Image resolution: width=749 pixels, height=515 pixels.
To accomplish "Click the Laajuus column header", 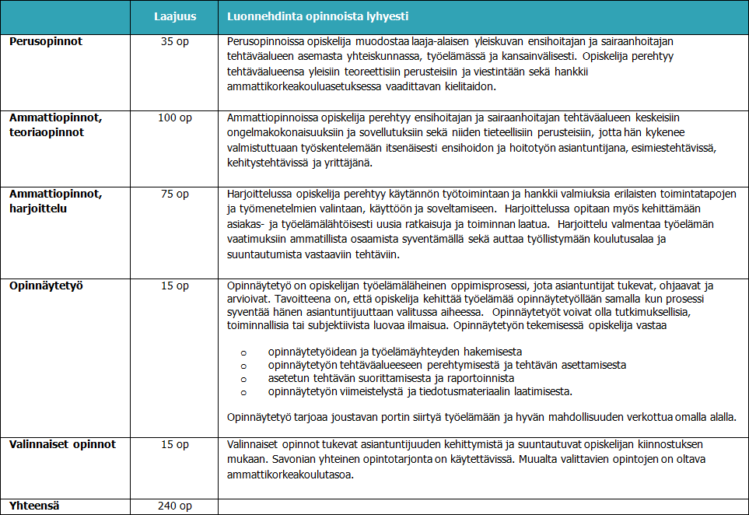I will [174, 16].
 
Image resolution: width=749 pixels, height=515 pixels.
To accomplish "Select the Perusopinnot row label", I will [46, 40].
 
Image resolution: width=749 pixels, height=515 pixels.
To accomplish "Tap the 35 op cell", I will [174, 40].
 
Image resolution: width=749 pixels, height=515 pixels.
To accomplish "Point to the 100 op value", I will [174, 117].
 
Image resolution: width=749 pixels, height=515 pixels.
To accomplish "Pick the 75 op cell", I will [174, 194].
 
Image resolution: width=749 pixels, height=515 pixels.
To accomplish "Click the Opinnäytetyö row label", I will [46, 286].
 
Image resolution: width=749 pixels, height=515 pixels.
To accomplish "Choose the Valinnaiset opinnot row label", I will [62, 444].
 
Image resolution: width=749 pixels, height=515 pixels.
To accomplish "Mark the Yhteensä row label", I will [35, 506].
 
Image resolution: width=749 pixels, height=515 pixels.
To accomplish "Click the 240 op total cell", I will [174, 506].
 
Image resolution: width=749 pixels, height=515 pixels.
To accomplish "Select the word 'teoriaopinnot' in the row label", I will [47, 132].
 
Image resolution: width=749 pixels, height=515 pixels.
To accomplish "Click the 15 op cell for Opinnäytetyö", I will [174, 286].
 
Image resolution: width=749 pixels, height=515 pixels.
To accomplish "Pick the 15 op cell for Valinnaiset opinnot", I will [174, 444].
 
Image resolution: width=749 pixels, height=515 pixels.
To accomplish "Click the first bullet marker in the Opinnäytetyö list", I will [243, 352].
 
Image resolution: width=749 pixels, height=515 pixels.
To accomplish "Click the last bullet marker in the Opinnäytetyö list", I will [243, 391].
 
